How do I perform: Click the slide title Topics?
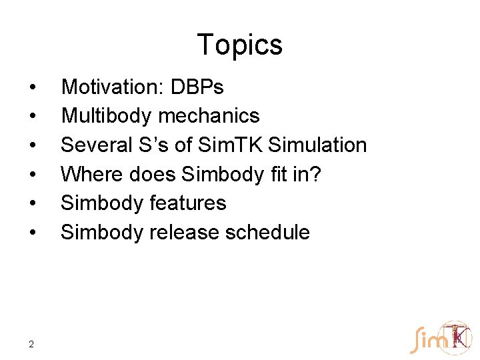(240, 45)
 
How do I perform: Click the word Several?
(93, 145)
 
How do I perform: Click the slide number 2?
(31, 344)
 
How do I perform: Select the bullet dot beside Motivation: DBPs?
(31, 87)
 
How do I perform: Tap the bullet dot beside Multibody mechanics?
(31, 117)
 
